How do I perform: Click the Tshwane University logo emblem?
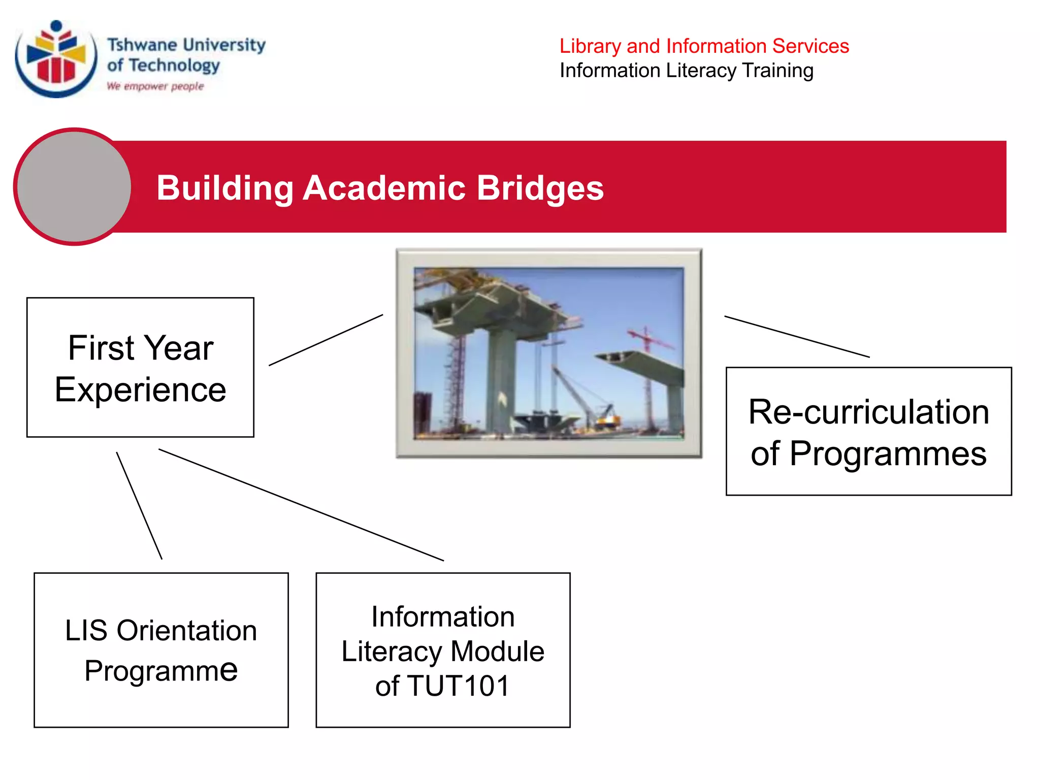[56, 59]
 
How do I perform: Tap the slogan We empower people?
[155, 86]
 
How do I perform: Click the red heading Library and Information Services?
[704, 46]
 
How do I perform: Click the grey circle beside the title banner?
[74, 186]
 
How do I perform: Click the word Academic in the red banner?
[384, 188]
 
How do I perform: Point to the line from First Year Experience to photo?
[326, 340]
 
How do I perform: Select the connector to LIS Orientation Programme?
[139, 506]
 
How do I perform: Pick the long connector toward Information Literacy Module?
[301, 505]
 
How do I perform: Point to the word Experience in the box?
[140, 390]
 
